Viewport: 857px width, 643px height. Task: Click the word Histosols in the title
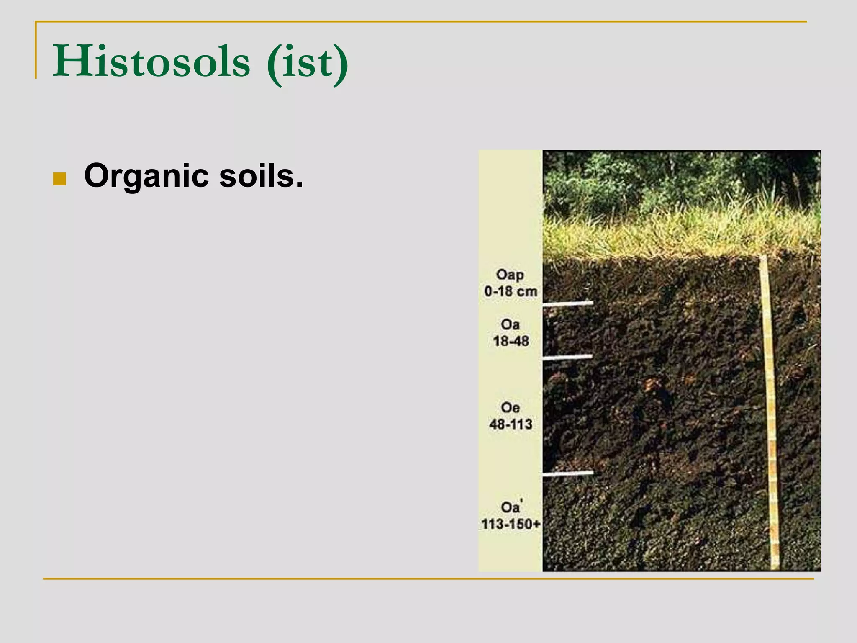[x=151, y=62]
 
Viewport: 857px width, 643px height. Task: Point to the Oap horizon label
[x=510, y=275]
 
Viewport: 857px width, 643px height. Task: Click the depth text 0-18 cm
[x=511, y=291]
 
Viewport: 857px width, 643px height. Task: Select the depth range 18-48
[x=511, y=341]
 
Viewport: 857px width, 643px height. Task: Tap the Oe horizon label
[x=510, y=407]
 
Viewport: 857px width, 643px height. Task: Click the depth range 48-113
[x=511, y=424]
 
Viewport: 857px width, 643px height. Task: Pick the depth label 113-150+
[x=511, y=524]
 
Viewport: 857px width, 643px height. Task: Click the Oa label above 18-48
[x=510, y=324]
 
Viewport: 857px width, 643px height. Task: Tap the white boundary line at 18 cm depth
[x=567, y=303]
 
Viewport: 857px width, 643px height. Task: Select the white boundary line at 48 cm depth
[x=567, y=357]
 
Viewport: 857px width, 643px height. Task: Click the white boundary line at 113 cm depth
[x=567, y=473]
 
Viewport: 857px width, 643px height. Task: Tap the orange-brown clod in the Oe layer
[x=651, y=383]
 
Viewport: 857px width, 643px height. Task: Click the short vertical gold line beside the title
[x=36, y=50]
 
